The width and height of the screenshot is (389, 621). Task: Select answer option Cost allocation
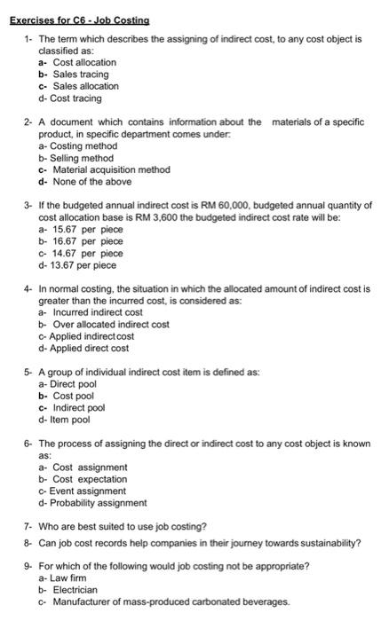point(84,63)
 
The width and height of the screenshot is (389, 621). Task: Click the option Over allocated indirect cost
point(111,325)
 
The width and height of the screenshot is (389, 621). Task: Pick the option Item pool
point(74,421)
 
